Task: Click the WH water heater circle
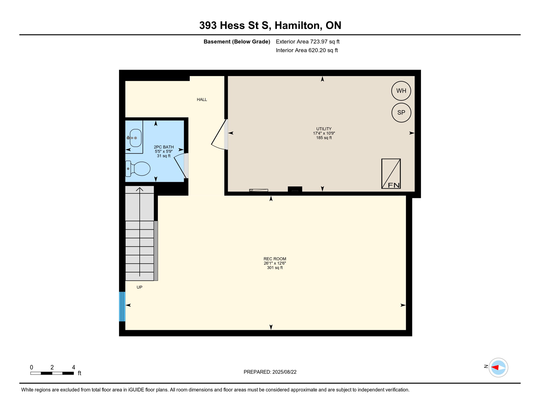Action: coord(401,91)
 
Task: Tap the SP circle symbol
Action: coord(401,112)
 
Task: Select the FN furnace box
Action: coord(391,174)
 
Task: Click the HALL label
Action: coord(202,100)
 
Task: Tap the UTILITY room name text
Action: coord(324,129)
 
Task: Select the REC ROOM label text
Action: coord(275,259)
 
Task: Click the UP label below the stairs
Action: coord(139,287)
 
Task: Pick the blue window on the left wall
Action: coord(122,307)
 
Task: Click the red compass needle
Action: coord(495,368)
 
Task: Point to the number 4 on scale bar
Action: coord(73,367)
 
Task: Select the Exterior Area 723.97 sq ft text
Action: coord(307,42)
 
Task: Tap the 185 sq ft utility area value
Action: coord(324,138)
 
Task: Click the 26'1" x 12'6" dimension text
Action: coord(275,263)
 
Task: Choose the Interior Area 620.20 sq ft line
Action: coord(307,50)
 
